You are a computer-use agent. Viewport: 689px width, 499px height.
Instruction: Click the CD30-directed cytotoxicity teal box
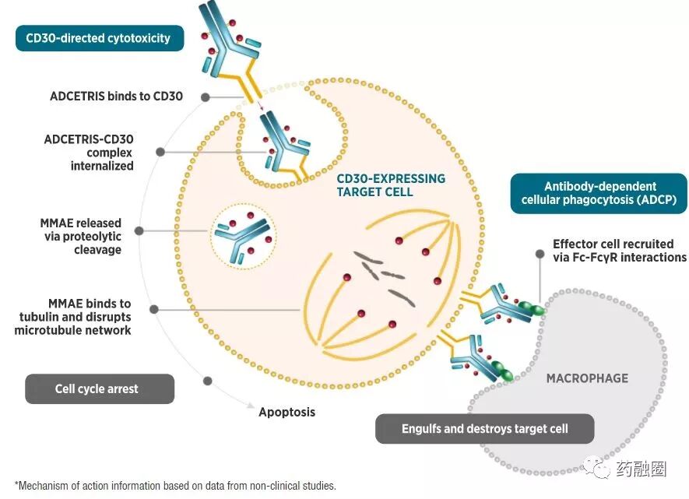click(99, 37)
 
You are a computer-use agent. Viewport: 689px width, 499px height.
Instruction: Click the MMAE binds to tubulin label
click(76, 316)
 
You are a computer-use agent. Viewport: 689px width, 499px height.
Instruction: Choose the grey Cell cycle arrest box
click(99, 388)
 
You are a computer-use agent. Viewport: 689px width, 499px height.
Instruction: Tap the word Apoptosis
click(286, 411)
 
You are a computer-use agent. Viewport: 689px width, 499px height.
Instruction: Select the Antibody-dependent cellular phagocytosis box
click(599, 193)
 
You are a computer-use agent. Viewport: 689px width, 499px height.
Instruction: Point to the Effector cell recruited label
click(619, 250)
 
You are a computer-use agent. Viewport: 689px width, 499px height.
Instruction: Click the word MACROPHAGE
click(587, 378)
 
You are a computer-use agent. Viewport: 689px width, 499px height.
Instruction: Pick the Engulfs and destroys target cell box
click(484, 428)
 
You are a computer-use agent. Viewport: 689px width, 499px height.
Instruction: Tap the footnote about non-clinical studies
click(175, 486)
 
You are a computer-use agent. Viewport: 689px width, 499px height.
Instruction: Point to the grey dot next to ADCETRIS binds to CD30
click(205, 97)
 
